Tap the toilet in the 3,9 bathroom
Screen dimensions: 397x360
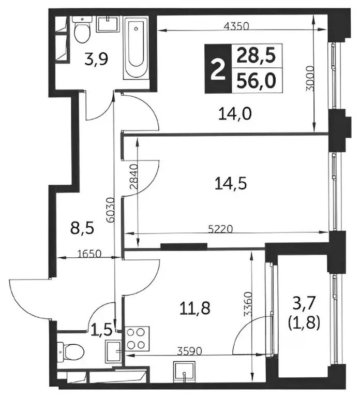click(81, 32)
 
